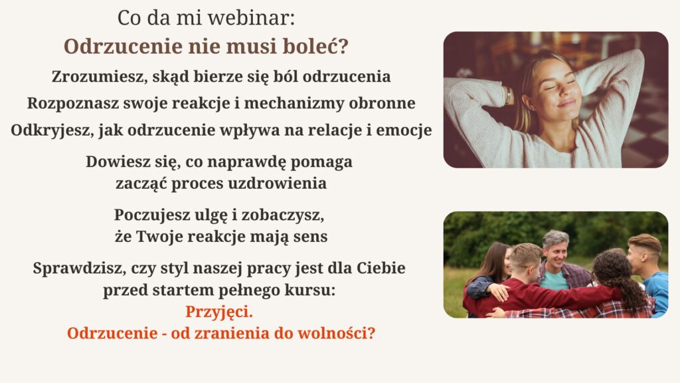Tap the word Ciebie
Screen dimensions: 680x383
(x=381, y=268)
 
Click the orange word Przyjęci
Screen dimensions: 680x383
(x=219, y=312)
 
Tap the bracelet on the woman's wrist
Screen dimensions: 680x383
(x=508, y=95)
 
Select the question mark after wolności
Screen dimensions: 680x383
(x=371, y=334)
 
